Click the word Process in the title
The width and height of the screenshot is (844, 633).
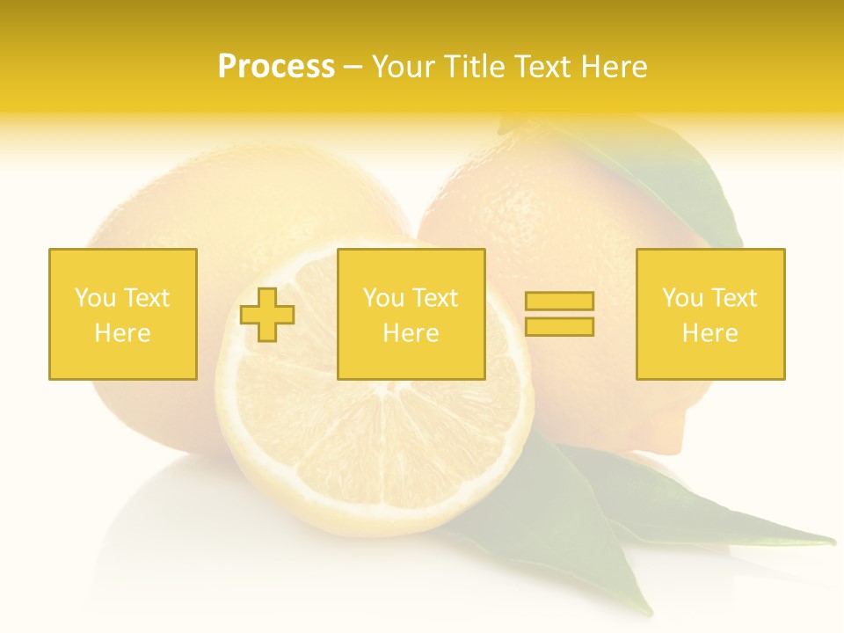[276, 67]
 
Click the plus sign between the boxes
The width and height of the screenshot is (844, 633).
[267, 314]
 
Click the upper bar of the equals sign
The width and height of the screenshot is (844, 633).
[559, 302]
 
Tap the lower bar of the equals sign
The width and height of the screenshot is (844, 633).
[559, 326]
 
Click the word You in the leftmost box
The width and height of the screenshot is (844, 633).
[95, 298]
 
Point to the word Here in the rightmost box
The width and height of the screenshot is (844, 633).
[710, 333]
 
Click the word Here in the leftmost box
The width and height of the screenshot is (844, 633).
[123, 333]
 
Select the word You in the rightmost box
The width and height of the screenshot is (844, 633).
[682, 298]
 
